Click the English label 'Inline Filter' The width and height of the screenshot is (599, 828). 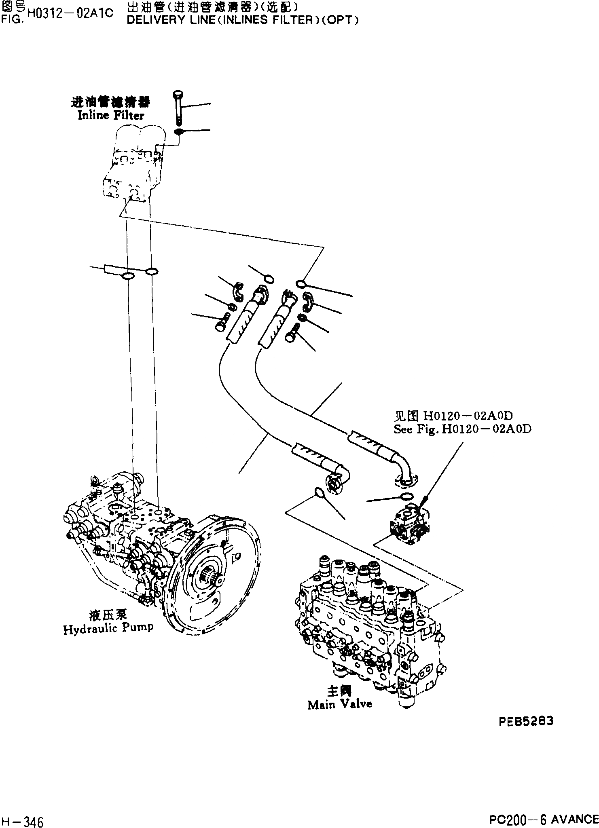(x=110, y=115)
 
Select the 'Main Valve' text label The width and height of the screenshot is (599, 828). (x=339, y=704)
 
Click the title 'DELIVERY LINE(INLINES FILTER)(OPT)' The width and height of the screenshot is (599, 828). (x=243, y=20)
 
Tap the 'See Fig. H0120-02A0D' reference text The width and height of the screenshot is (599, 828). (x=462, y=429)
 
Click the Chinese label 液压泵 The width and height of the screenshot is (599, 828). (x=108, y=615)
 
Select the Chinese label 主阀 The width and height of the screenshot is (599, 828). (x=339, y=691)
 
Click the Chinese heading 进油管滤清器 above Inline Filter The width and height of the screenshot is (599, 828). (x=110, y=103)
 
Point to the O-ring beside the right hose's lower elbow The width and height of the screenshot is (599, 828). (x=406, y=497)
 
